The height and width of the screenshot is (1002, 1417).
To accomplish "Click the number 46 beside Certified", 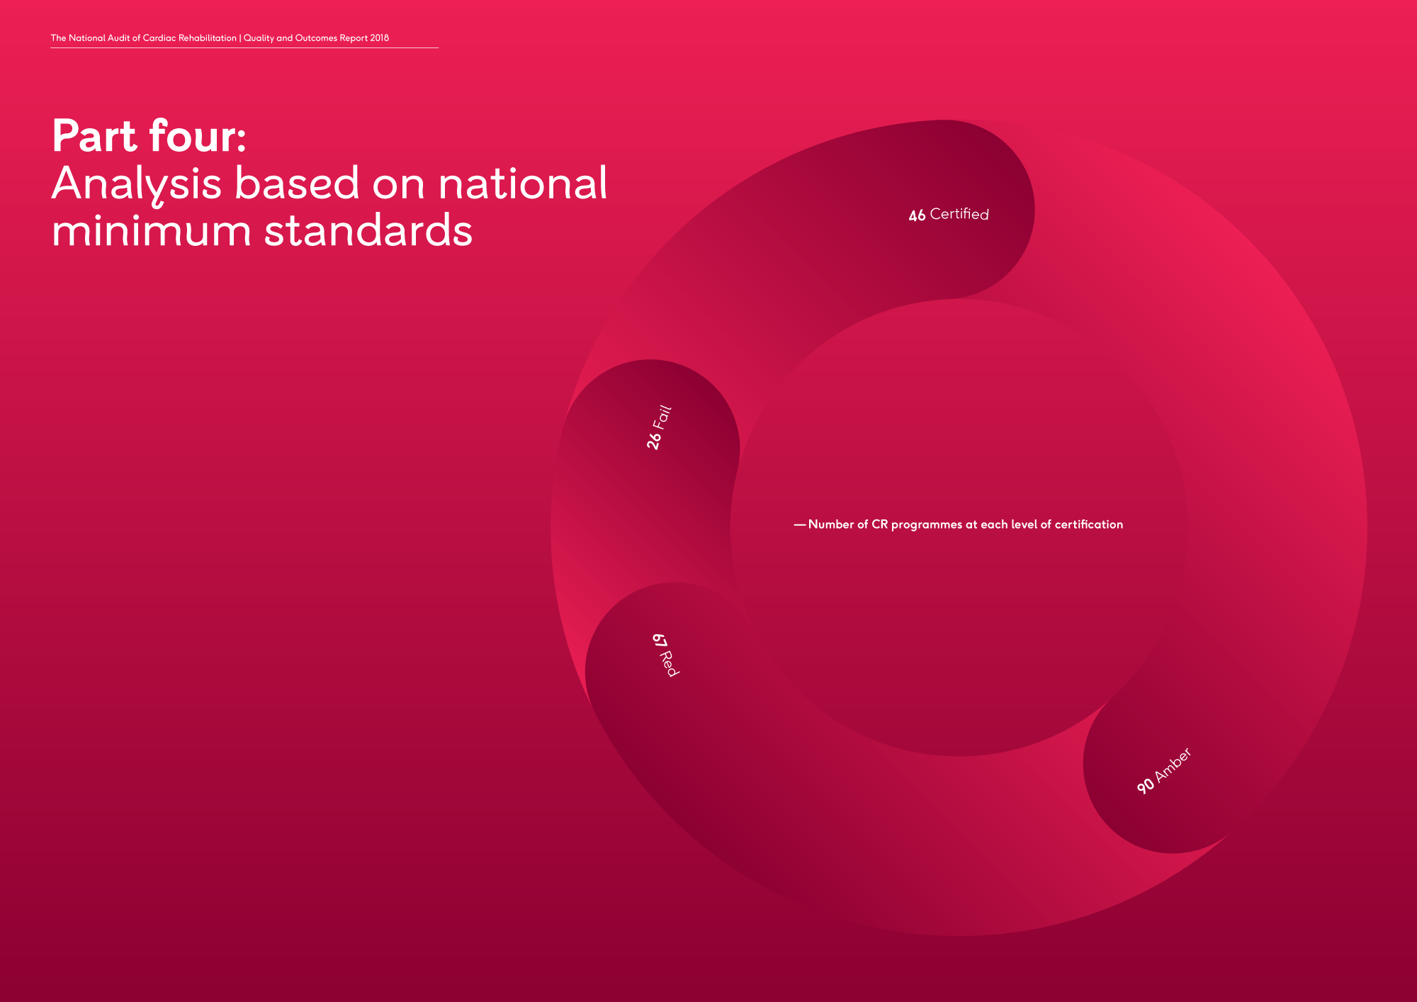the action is (x=917, y=215).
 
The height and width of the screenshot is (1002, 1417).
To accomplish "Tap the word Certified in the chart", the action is (x=959, y=214).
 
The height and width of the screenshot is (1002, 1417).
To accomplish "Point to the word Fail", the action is (x=662, y=416).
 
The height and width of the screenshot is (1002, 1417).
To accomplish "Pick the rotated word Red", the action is (x=670, y=664).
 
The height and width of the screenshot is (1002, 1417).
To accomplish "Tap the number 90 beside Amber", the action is (x=1145, y=786).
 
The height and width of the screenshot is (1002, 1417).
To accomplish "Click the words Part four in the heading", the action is (x=149, y=136).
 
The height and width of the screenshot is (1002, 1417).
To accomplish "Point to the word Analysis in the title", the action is (x=137, y=184).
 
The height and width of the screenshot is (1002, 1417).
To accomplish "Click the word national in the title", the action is (x=523, y=184).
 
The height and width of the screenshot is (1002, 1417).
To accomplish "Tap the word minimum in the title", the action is (x=151, y=231).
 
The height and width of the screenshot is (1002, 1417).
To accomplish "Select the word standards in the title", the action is (x=368, y=231).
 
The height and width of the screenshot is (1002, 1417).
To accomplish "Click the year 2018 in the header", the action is (x=379, y=38).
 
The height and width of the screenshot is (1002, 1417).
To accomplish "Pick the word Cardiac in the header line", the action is (x=159, y=38).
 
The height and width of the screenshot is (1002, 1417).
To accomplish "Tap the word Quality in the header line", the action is (x=259, y=38).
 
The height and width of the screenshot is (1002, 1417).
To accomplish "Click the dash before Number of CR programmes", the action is (x=800, y=525).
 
